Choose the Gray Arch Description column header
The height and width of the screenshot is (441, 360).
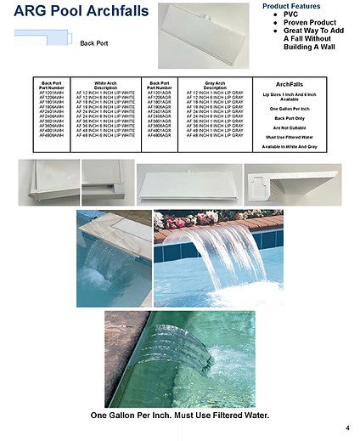(215, 86)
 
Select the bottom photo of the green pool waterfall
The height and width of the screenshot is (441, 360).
(179, 360)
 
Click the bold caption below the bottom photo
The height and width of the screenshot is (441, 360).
(179, 416)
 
